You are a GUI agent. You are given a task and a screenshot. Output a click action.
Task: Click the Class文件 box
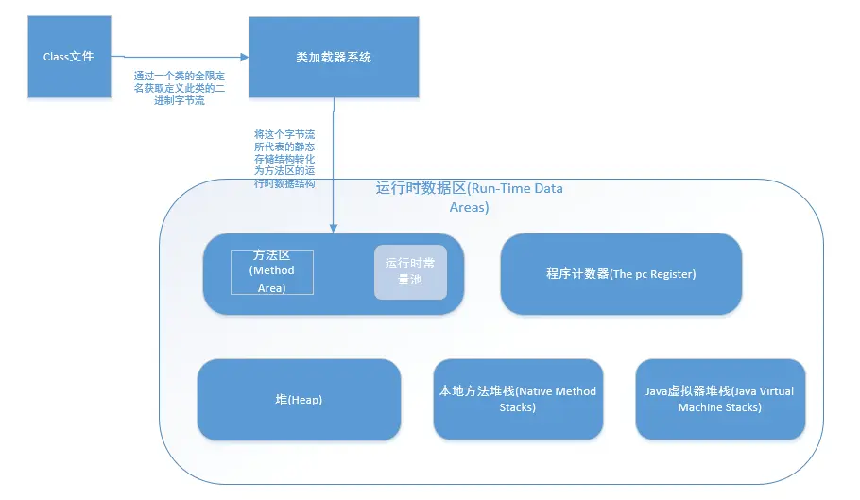click(69, 57)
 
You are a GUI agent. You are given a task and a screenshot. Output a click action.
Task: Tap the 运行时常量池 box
click(409, 272)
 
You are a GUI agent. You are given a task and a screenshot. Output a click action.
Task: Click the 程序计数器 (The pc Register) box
click(620, 274)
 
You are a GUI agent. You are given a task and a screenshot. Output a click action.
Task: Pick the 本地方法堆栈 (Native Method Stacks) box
click(518, 399)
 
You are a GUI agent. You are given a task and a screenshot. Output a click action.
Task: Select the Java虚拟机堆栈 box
click(720, 399)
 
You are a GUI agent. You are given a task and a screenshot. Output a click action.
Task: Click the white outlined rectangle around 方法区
click(272, 272)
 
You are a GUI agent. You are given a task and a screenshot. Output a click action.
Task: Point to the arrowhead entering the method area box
click(333, 228)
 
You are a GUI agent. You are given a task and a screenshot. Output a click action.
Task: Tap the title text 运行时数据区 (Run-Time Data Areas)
click(469, 198)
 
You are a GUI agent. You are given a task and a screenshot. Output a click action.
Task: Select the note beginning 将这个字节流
click(284, 160)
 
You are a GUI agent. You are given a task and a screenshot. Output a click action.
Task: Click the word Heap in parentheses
click(306, 400)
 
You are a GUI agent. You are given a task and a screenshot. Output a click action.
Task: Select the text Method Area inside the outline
click(272, 279)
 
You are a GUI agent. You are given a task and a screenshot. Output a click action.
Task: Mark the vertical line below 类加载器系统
click(333, 161)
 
